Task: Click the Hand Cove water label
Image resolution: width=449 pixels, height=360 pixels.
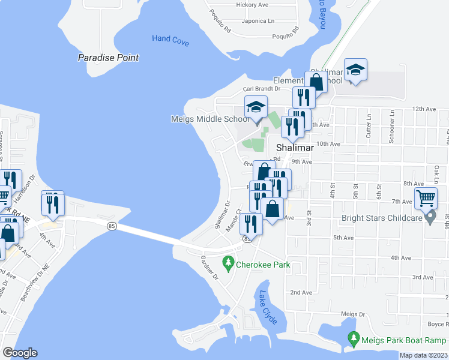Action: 170,38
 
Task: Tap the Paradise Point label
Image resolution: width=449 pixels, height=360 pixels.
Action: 109,58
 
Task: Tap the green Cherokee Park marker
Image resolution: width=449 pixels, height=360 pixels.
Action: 228,262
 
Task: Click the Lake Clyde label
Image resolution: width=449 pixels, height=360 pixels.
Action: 268,308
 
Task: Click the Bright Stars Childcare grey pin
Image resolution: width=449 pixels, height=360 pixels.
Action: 430,217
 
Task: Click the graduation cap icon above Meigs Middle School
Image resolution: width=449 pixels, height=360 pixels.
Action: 256,108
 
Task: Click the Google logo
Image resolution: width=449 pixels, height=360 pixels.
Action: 20,353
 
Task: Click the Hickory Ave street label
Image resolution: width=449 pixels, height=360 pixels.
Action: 252,5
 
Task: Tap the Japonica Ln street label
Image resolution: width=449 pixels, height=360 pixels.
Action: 254,21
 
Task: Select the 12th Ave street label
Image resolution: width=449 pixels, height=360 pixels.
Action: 423,109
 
